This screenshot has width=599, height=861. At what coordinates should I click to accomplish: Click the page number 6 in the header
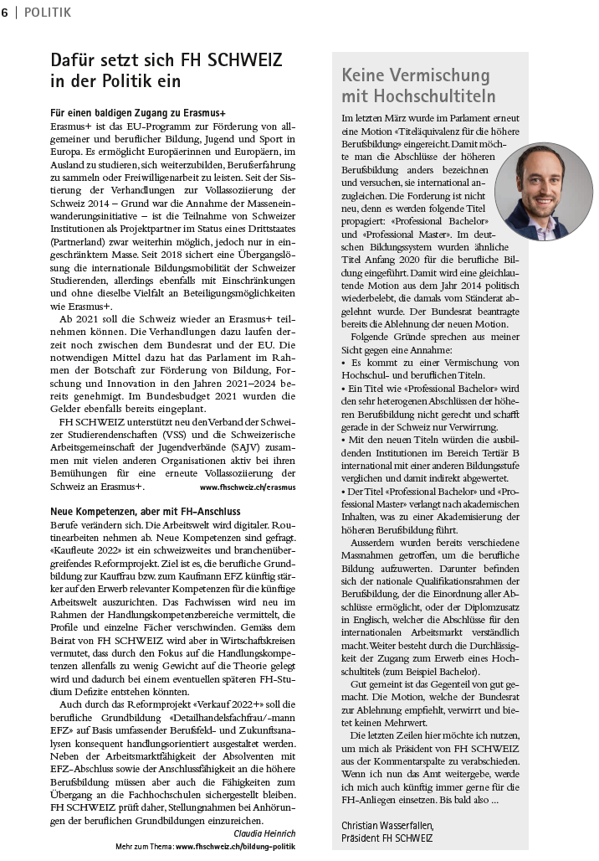point(6,12)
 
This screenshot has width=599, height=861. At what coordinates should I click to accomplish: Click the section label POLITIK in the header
point(48,12)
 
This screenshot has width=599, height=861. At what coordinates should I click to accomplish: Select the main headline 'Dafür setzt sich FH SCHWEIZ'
point(166,60)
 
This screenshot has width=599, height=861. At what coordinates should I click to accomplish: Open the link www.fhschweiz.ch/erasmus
point(248,487)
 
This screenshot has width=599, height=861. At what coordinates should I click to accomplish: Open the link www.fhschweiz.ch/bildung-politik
point(235,847)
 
